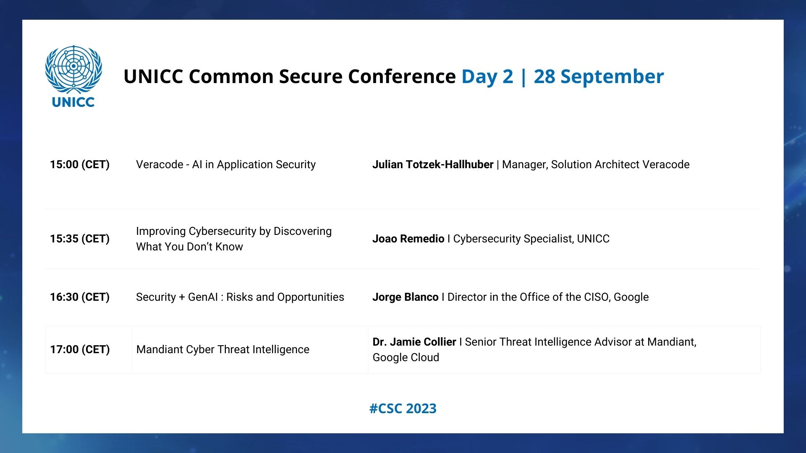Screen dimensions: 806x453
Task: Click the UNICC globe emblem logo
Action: click(73, 70)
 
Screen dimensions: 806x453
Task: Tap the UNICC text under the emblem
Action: click(73, 102)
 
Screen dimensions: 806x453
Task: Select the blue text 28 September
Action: click(599, 77)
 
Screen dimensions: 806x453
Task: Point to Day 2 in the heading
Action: click(487, 77)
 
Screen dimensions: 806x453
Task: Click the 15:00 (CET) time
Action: click(80, 164)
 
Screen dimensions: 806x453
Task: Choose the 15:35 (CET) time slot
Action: click(80, 239)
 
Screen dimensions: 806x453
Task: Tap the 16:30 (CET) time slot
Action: click(80, 297)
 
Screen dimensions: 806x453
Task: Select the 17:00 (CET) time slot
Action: click(80, 349)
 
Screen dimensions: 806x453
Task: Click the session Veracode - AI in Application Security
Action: click(226, 164)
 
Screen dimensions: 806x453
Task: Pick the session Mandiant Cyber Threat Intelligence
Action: click(223, 349)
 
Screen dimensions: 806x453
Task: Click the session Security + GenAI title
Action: click(240, 297)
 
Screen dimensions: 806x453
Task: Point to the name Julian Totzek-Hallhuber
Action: click(433, 164)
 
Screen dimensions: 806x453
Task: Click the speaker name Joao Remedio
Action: click(408, 239)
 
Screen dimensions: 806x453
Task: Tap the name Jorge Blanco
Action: click(406, 297)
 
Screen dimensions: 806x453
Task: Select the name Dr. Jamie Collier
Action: click(414, 342)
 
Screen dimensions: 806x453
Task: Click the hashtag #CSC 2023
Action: click(403, 409)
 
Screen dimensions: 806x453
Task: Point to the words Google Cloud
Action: click(406, 357)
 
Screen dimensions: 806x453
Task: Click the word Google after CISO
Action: click(631, 297)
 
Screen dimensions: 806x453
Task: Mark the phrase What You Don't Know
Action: click(189, 247)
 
